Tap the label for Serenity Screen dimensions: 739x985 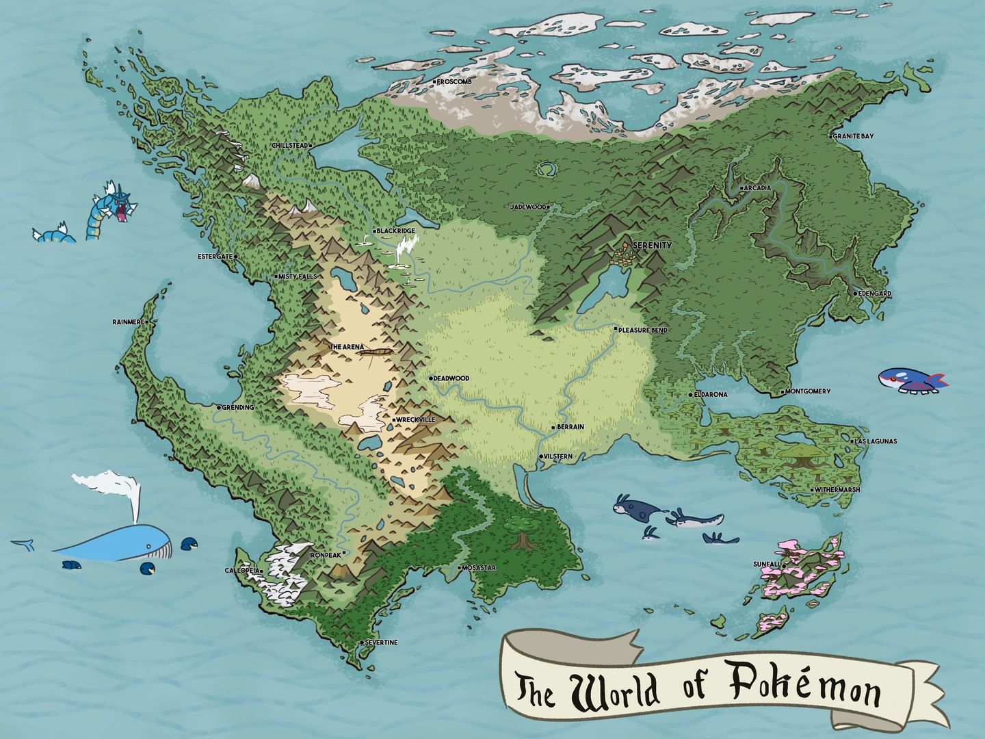pos(652,245)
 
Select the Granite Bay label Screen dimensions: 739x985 pos(853,136)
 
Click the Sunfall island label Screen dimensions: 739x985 pos(766,564)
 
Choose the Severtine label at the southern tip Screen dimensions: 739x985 pos(380,643)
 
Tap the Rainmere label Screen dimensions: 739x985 pos(129,322)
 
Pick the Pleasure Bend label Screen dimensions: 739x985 pos(642,330)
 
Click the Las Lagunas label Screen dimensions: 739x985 pos(876,441)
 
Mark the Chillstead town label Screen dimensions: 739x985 pos(289,146)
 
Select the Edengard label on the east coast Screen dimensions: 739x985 pos(872,294)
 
